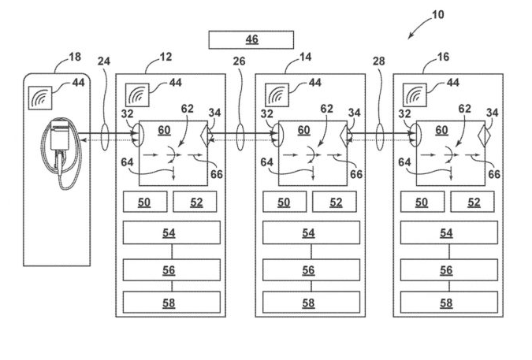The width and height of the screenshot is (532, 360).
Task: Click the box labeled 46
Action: (251, 39)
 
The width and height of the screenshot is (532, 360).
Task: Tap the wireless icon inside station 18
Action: (40, 98)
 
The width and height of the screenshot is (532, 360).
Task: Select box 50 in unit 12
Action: (145, 202)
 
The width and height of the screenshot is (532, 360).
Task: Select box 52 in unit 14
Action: (336, 202)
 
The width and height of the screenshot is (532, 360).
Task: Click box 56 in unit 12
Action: (171, 269)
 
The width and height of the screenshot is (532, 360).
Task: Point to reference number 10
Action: (438, 15)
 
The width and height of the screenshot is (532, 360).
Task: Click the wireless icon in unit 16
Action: (415, 96)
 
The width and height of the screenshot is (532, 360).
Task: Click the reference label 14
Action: (307, 58)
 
